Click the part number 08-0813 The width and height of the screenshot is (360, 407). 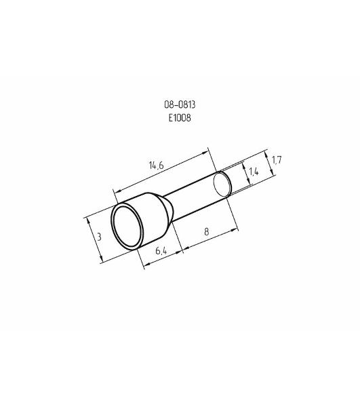point(180,104)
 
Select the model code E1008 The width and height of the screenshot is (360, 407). point(180,118)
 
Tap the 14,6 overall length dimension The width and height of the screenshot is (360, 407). point(157,166)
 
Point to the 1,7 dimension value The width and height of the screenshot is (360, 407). point(277,160)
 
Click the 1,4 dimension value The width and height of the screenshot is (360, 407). point(254,172)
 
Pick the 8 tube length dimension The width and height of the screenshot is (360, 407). point(207,232)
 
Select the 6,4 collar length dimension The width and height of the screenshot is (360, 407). point(161,251)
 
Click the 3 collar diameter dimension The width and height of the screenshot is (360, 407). point(99,237)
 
